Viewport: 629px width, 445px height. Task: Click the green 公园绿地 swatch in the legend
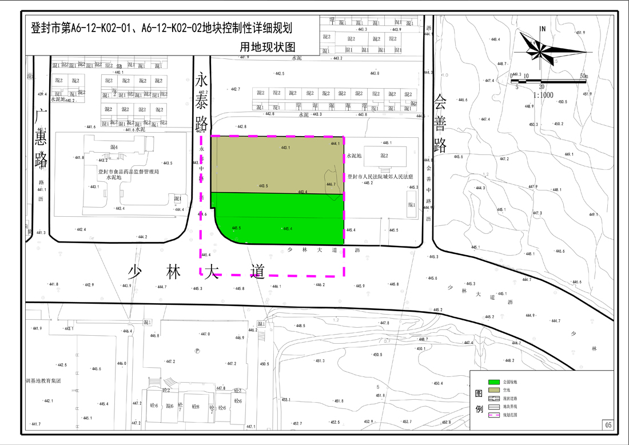click(493, 382)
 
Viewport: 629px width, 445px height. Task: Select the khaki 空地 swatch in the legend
click(493, 390)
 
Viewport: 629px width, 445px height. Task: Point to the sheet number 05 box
click(608, 424)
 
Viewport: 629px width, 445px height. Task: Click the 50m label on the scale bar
click(583, 76)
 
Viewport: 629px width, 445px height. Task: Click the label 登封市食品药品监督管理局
click(128, 171)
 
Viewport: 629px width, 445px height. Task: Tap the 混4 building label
click(113, 148)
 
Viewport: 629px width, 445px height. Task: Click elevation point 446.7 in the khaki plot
click(331, 184)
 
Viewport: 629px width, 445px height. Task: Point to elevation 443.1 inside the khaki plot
click(286, 148)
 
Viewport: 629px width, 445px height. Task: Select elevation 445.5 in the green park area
click(236, 228)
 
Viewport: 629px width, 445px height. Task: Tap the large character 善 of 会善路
click(439, 124)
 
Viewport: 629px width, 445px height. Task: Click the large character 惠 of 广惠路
click(40, 140)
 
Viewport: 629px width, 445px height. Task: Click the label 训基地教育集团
click(43, 380)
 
